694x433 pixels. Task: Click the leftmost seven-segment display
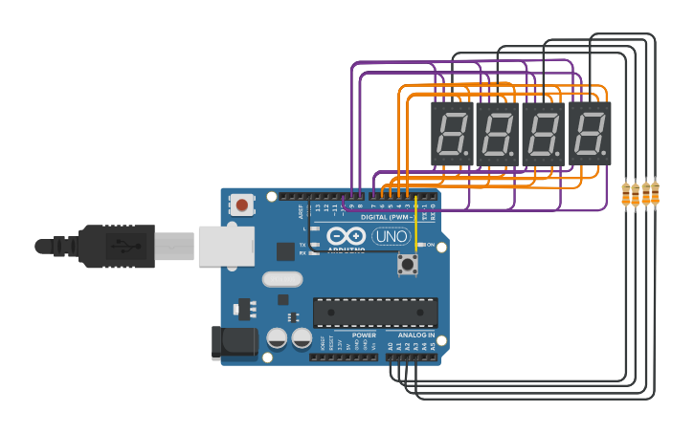(x=451, y=132)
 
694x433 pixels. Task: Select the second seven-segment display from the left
(x=497, y=132)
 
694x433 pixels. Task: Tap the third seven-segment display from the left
(x=543, y=132)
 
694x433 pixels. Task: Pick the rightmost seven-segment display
(x=590, y=132)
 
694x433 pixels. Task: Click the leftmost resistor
(x=626, y=195)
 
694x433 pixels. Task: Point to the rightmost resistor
(x=655, y=192)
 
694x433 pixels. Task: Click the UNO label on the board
(x=391, y=236)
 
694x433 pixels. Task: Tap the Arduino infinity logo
(x=346, y=235)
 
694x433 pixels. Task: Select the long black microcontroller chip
(x=375, y=312)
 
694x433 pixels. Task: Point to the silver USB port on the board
(x=226, y=246)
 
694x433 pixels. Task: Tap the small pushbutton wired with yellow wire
(x=408, y=264)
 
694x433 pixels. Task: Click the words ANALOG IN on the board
(x=416, y=336)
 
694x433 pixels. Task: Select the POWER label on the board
(x=364, y=336)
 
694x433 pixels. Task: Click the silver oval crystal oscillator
(x=282, y=279)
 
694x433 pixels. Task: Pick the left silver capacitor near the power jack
(x=278, y=338)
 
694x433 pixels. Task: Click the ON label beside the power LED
(x=430, y=246)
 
